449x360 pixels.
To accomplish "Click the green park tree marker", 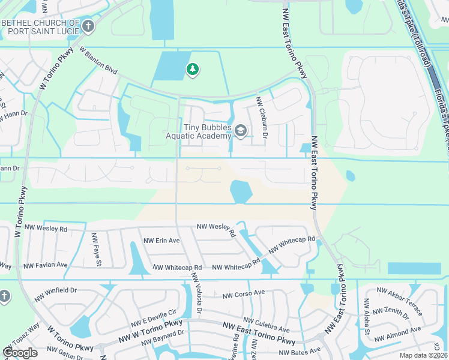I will click(192, 70).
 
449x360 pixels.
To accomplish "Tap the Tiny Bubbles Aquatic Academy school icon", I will click(241, 131).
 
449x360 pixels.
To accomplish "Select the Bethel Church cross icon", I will click(88, 26).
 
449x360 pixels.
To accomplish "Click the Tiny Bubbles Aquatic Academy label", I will click(198, 131).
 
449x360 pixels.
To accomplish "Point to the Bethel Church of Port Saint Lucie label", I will click(41, 27).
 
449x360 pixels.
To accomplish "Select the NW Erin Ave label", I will click(161, 241).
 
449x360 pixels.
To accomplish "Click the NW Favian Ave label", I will click(46, 265).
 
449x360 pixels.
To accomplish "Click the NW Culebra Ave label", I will click(267, 325).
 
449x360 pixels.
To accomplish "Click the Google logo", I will click(19, 352).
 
